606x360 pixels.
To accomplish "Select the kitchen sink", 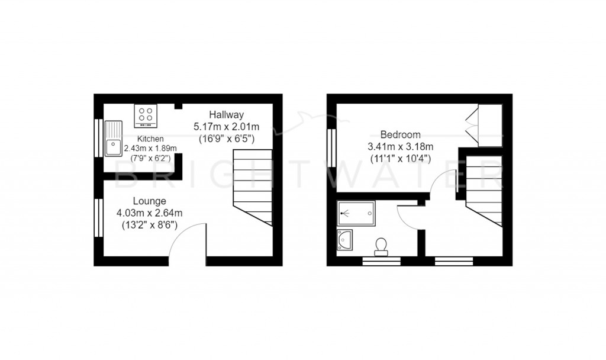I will point(113,138).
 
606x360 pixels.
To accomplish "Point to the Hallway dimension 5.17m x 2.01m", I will point(227,126).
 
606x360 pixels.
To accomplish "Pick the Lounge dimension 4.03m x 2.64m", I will point(149,213).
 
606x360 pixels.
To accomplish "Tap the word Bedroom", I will point(401,134).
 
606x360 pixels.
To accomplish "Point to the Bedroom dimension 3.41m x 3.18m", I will point(401,146).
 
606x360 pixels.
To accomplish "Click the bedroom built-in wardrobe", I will point(489,125).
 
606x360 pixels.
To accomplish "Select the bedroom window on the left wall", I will point(331,145).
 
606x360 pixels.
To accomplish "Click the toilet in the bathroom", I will point(381,245).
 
